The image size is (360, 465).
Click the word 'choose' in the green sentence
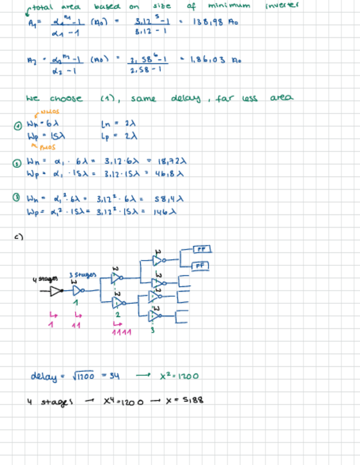[x=66, y=99]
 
